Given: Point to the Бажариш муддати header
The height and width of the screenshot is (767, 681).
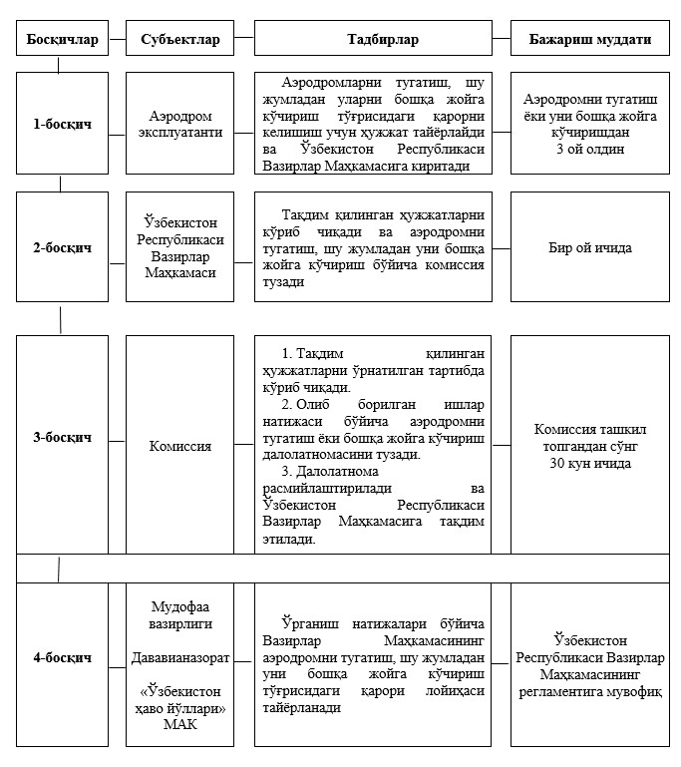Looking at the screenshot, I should point(589,41).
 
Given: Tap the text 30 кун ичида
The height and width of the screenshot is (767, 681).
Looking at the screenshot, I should point(589,464).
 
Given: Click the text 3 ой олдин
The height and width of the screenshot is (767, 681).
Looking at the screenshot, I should point(589,149).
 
